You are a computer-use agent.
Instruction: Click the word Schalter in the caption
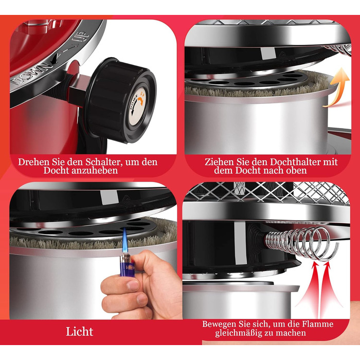103,162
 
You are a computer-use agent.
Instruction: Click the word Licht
79,332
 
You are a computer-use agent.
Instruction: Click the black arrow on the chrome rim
56,59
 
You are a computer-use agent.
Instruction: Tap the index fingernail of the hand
133,285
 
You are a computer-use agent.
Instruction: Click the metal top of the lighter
125,258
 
